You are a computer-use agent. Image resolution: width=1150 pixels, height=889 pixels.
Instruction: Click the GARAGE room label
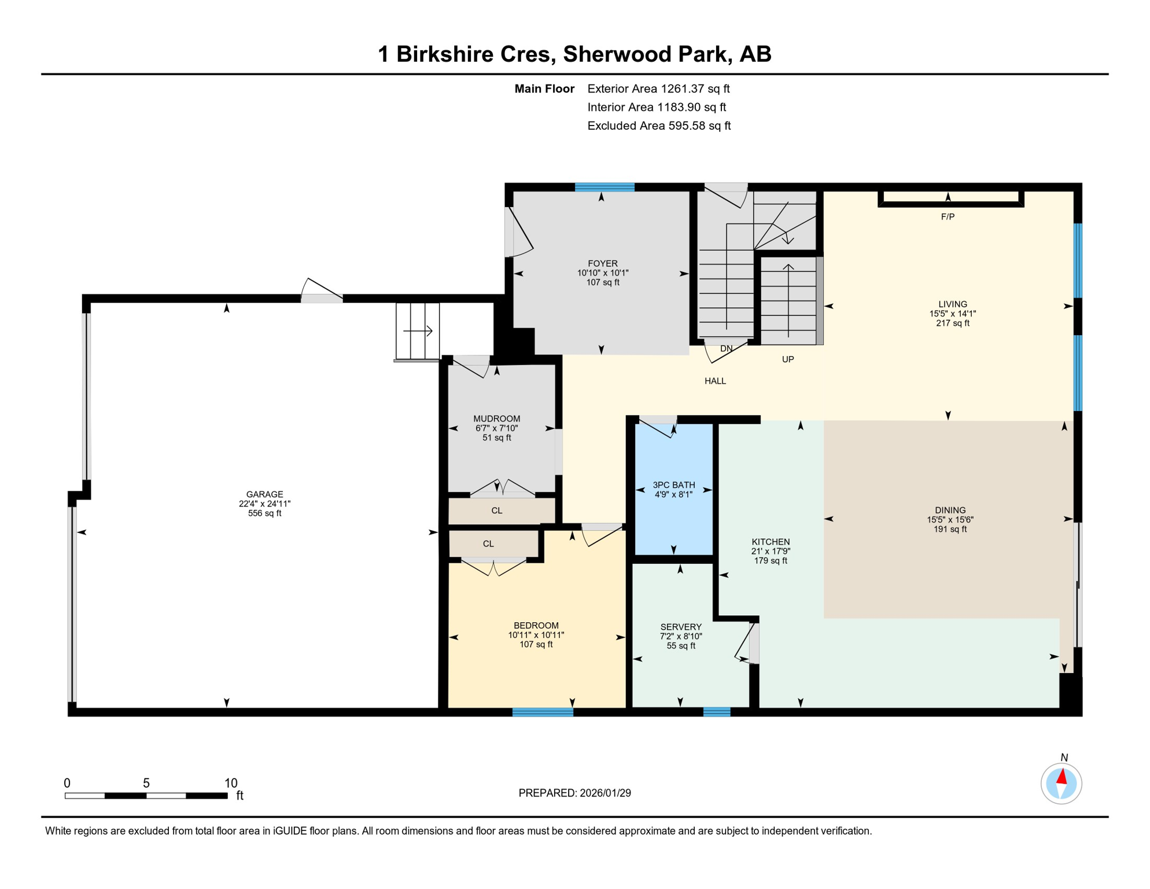(264, 494)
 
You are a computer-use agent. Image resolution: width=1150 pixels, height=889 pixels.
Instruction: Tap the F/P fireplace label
(948, 217)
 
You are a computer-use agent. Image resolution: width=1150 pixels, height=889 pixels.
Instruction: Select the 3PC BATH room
(674, 489)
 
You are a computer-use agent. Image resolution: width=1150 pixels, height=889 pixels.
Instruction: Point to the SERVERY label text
(681, 627)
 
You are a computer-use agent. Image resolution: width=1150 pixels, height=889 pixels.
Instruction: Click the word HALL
(715, 381)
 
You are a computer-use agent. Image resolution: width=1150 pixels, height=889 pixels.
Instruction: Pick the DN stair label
(726, 348)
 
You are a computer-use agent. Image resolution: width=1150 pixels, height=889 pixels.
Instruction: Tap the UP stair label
(787, 359)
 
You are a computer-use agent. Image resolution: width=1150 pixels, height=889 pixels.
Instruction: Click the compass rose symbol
(1061, 784)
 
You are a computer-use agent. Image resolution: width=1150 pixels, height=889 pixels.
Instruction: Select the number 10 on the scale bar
(231, 783)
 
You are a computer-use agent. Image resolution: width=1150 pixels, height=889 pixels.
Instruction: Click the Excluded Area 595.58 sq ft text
(659, 126)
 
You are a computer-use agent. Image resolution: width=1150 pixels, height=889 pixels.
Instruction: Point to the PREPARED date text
(574, 793)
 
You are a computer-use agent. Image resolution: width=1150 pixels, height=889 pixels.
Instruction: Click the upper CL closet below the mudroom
(497, 510)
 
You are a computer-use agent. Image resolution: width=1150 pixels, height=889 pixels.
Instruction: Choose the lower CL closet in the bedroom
(489, 543)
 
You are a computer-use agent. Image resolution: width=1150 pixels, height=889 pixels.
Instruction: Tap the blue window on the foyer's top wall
(605, 187)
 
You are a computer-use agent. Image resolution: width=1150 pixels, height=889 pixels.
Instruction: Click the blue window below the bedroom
(543, 712)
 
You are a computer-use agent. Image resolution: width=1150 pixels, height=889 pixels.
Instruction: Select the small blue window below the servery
(717, 712)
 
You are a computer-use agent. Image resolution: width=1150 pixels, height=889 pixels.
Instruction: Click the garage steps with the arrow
(418, 331)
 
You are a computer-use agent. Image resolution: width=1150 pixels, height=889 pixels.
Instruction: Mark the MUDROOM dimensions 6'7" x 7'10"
(496, 428)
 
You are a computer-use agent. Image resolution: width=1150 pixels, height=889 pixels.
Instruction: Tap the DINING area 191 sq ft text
(950, 529)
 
